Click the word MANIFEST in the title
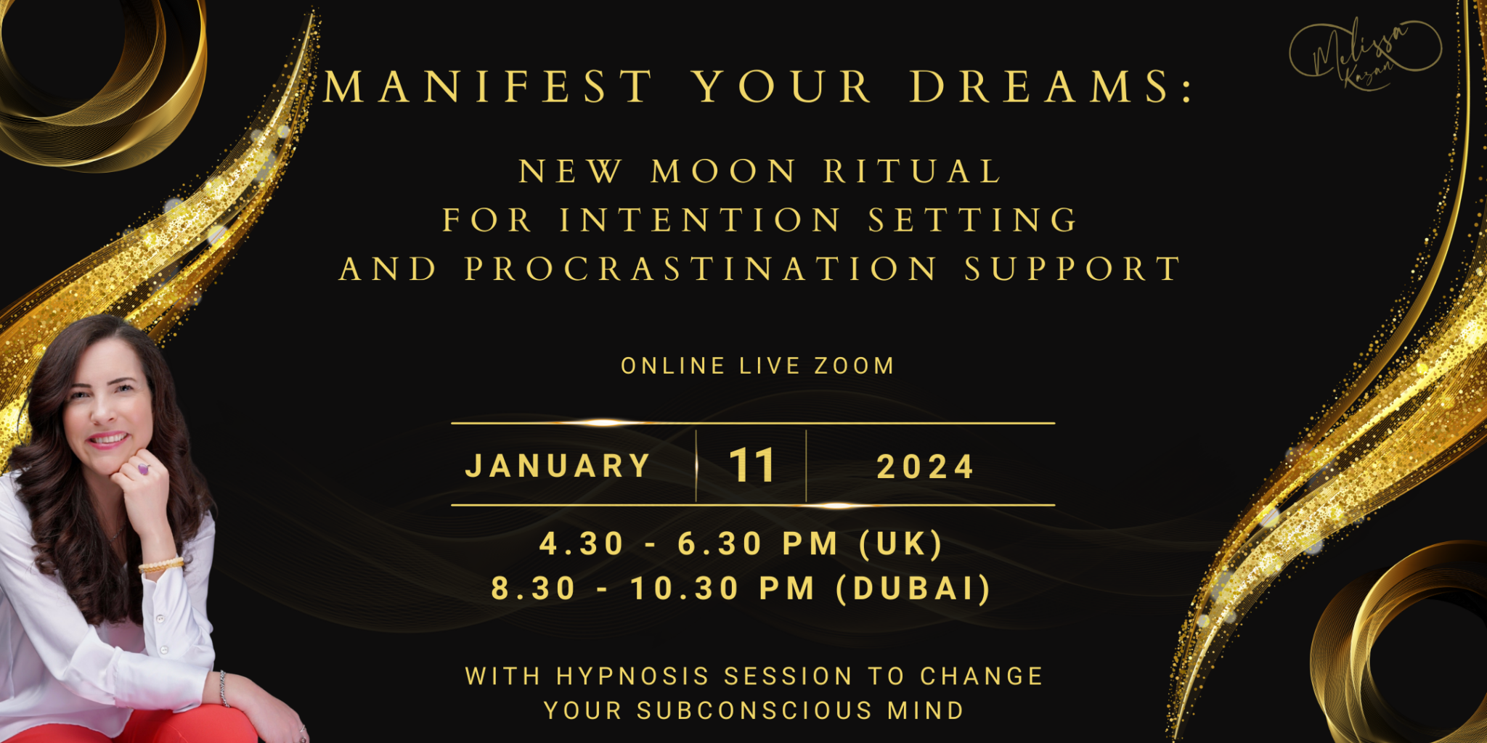click(x=489, y=87)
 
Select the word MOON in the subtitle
click(x=723, y=172)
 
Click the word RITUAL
click(x=913, y=172)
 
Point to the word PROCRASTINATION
click(x=701, y=268)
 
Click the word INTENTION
click(x=701, y=220)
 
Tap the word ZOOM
click(x=854, y=366)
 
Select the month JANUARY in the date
click(x=558, y=466)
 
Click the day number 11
click(x=751, y=465)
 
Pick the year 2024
click(x=925, y=467)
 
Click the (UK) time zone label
click(x=901, y=543)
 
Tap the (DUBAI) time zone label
click(x=914, y=588)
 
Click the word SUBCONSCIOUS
click(x=754, y=710)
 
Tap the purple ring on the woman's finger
click(x=143, y=469)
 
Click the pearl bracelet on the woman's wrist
click(x=161, y=565)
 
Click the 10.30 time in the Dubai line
click(x=685, y=588)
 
